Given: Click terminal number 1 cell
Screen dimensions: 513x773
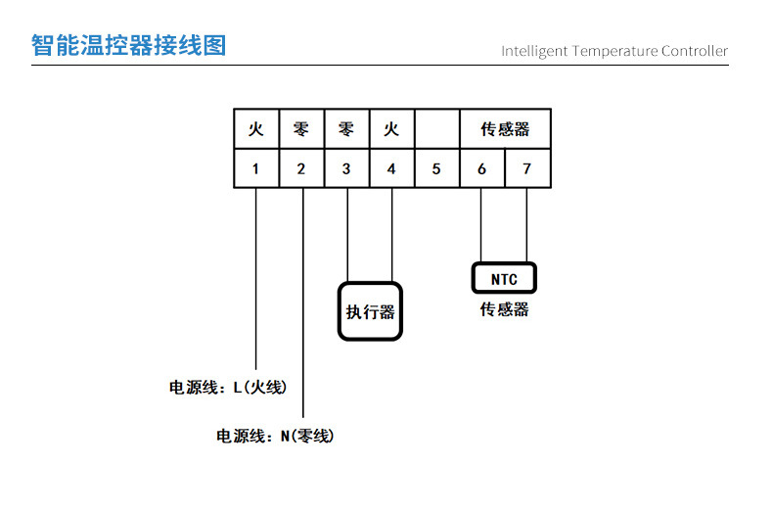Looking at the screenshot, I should (x=255, y=168).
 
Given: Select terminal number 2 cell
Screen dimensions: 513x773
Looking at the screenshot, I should (x=300, y=168).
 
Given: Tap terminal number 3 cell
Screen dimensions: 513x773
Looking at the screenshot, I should (x=346, y=168).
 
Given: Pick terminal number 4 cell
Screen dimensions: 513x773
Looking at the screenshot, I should (x=391, y=168).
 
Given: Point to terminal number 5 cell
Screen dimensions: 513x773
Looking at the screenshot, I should (x=436, y=168).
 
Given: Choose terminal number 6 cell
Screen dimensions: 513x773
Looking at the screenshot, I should (x=481, y=168).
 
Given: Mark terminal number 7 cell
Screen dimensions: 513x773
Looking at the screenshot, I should (x=527, y=168).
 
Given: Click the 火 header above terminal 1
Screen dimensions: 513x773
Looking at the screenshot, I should (x=255, y=129).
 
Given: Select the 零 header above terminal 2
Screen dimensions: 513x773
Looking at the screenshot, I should (x=300, y=129).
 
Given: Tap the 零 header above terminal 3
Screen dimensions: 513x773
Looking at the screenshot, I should (x=346, y=129).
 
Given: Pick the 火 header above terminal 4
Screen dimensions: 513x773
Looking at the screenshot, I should (x=391, y=129).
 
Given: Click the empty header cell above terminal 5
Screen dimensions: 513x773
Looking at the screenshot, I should (x=436, y=129).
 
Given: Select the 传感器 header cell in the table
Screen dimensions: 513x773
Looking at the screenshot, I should (x=505, y=129).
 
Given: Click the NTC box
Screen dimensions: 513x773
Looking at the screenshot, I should (x=504, y=279).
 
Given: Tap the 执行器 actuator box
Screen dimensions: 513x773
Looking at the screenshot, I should (x=370, y=311).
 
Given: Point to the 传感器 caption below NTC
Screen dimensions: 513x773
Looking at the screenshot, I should (x=504, y=309).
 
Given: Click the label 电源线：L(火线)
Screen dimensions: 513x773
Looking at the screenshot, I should (x=228, y=387).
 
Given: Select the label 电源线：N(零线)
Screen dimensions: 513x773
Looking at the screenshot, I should (x=275, y=437).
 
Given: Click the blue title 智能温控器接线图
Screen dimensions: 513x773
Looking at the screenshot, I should (x=128, y=45).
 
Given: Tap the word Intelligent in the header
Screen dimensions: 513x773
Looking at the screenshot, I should (x=533, y=51).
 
